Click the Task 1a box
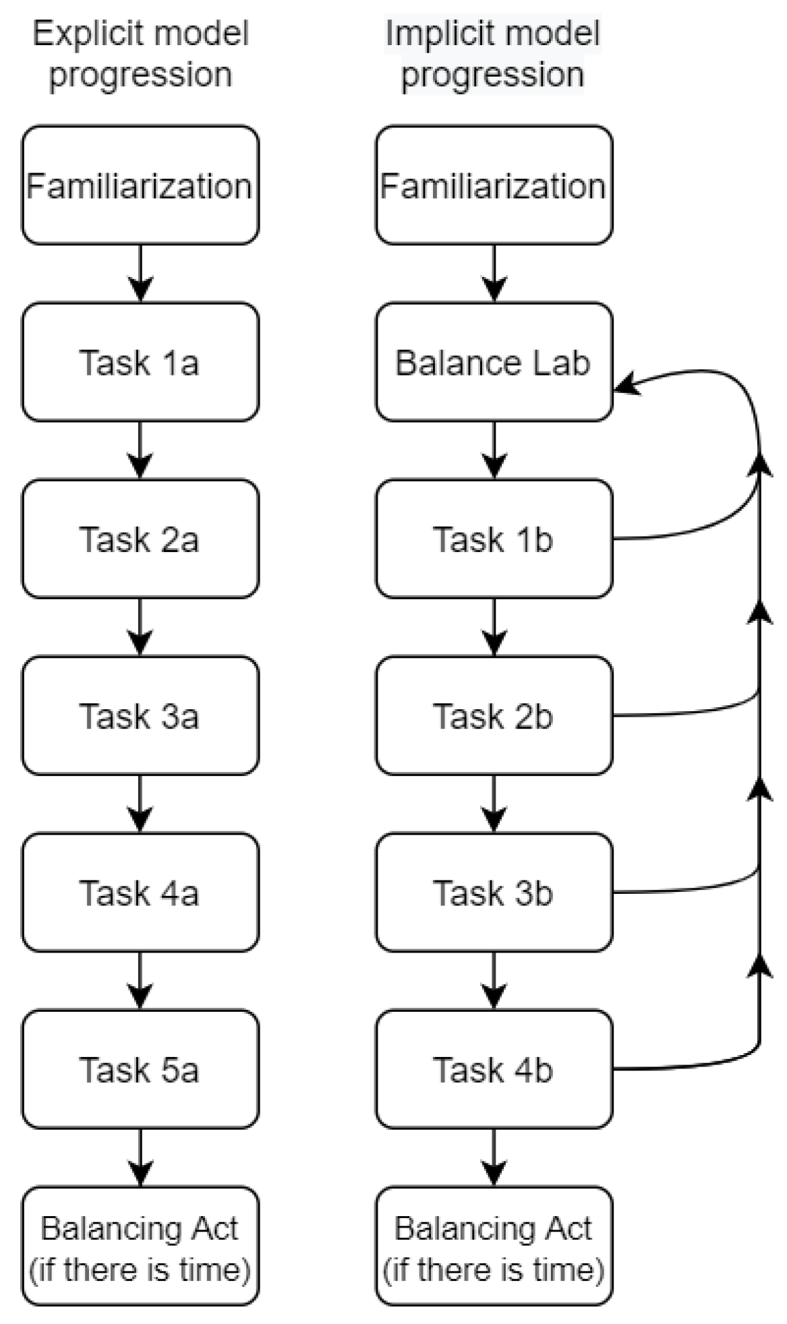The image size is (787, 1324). (140, 362)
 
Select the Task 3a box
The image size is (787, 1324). (140, 715)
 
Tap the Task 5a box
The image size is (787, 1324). (140, 1069)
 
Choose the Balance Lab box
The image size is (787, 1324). (494, 362)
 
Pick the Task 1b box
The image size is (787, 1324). (494, 539)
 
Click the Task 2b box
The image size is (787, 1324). (494, 715)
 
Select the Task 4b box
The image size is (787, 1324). (494, 1069)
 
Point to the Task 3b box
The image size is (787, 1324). (494, 893)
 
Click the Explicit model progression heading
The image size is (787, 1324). (140, 54)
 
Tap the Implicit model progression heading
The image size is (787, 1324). (492, 54)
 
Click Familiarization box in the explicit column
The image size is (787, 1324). (140, 185)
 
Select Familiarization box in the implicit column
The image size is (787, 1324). (494, 185)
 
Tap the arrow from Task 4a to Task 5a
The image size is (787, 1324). (140, 980)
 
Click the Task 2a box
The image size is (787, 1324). (140, 539)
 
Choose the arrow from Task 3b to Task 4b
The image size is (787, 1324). (494, 980)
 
